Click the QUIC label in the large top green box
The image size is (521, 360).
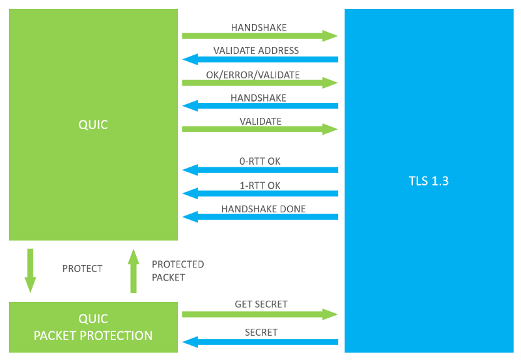[93, 124]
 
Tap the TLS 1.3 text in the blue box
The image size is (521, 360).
[429, 181]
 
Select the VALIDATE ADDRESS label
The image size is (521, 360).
[256, 51]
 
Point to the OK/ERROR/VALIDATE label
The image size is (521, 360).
[253, 75]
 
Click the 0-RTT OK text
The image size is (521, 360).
[260, 161]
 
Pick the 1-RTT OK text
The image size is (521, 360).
[260, 186]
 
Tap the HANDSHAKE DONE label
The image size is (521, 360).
[264, 209]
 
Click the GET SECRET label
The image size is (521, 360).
[261, 304]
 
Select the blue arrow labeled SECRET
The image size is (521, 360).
[260, 342]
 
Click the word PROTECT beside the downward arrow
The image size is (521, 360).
[83, 268]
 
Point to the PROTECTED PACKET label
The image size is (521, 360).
[178, 271]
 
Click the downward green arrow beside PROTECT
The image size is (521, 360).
[30, 271]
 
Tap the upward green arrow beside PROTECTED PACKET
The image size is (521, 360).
[134, 271]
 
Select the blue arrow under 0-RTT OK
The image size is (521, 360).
[260, 170]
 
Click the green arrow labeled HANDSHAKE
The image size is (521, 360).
[260, 36]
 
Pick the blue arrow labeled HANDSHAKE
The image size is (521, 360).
[260, 105]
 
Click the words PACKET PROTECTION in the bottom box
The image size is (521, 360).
[93, 335]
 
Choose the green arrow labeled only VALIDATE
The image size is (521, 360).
[260, 129]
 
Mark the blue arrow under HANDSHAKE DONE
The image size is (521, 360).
[260, 217]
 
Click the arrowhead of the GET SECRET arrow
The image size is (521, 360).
[330, 314]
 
